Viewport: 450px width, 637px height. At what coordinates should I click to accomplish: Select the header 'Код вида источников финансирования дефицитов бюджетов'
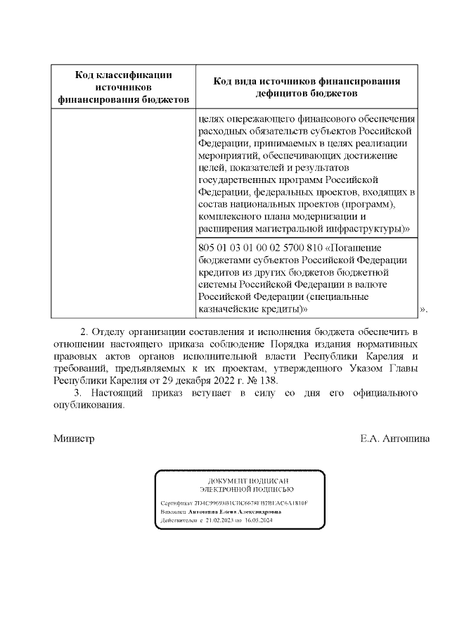point(307,87)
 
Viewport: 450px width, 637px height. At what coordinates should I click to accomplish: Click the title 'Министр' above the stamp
point(74,438)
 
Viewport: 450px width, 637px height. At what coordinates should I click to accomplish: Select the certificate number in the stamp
point(245,504)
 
